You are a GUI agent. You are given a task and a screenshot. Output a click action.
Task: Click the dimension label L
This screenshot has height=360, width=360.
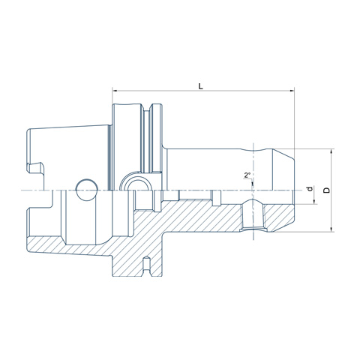(x=200, y=86)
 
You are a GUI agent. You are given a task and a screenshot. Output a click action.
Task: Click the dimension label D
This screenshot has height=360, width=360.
(x=326, y=190)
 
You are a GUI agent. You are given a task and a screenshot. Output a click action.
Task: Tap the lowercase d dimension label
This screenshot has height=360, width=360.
(x=310, y=189)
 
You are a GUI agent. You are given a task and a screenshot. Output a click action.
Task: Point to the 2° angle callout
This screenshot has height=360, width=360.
(x=247, y=175)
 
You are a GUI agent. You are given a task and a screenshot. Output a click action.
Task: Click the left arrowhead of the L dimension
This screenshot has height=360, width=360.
(x=115, y=91)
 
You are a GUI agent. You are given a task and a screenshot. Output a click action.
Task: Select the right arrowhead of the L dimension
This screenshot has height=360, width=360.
(x=292, y=91)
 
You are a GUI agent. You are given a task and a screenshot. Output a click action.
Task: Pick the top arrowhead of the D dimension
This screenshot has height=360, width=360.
(x=331, y=151)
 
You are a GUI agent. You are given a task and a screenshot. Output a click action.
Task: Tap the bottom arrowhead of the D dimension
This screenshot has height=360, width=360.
(x=331, y=229)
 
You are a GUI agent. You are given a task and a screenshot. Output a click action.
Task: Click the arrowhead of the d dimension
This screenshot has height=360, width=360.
(x=314, y=201)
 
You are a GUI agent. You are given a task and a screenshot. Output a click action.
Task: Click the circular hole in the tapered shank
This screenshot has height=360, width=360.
(x=87, y=190)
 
